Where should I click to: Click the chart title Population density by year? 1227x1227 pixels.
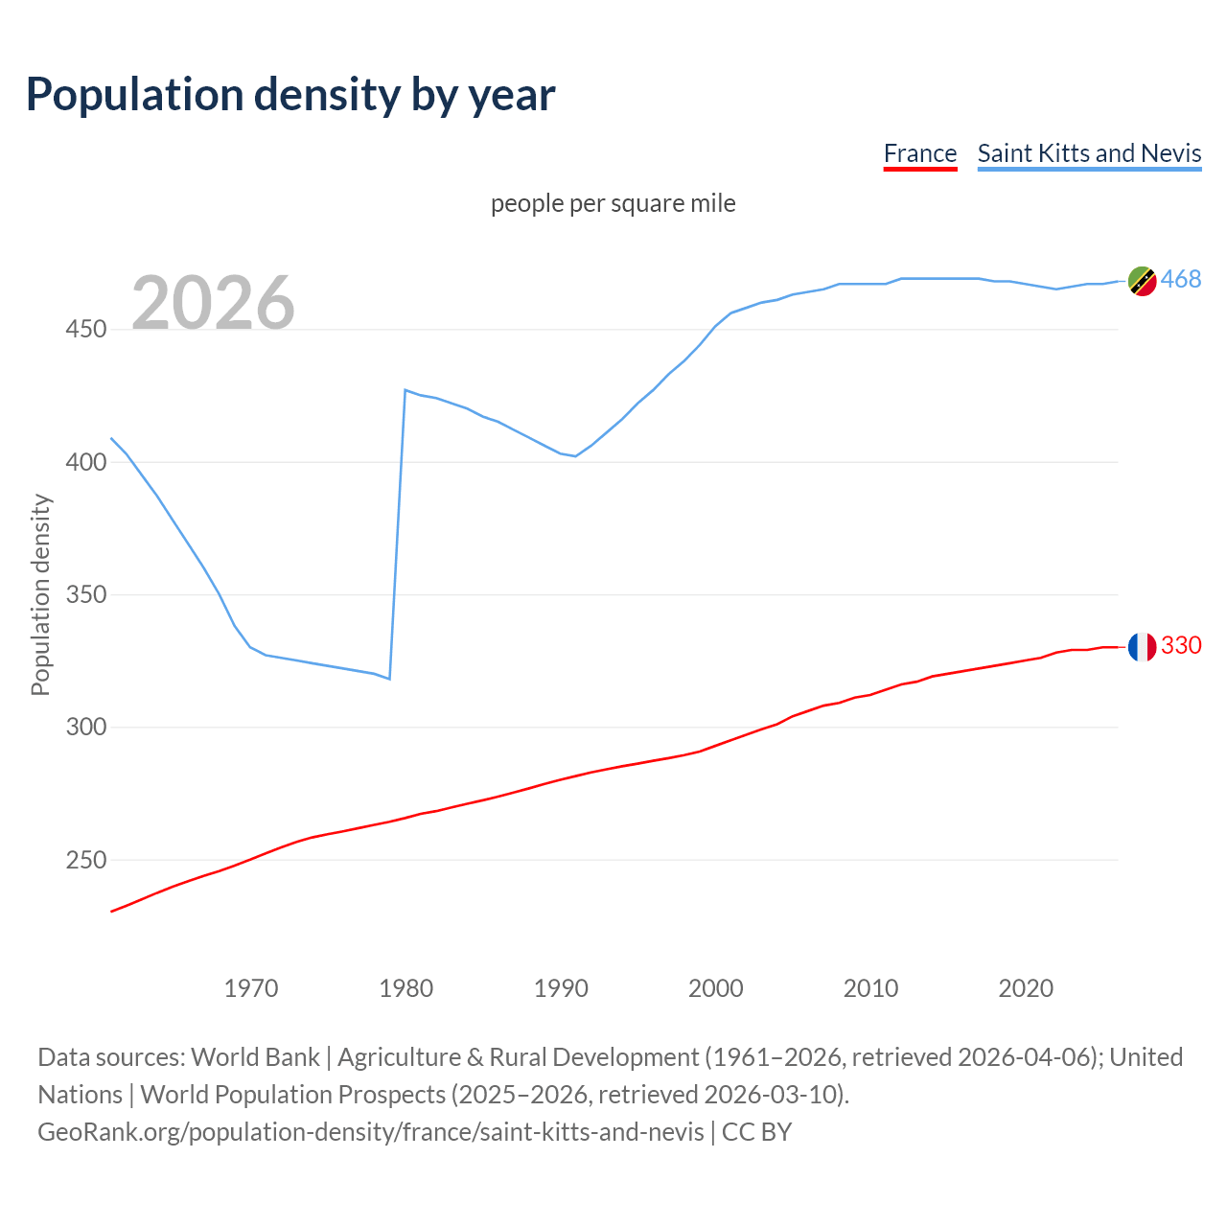pos(290,95)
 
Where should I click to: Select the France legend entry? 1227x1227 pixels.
pos(919,153)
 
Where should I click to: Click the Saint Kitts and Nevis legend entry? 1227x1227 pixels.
pos(1089,153)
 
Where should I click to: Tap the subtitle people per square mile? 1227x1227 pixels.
pos(613,203)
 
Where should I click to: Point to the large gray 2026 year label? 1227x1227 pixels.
pos(213,303)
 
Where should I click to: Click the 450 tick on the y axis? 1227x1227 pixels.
pos(86,330)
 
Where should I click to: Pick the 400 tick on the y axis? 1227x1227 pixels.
pos(86,462)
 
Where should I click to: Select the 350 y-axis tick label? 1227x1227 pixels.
pos(86,594)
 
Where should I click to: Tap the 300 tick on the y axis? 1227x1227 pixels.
pos(86,728)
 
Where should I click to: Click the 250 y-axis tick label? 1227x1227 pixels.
pos(86,860)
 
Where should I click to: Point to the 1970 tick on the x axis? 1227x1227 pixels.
pos(251,988)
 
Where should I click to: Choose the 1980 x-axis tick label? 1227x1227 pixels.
pos(406,988)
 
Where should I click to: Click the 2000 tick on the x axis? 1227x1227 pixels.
pos(716,988)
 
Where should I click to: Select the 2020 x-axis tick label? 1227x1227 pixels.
pos(1026,988)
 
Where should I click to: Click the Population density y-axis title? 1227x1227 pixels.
pos(40,594)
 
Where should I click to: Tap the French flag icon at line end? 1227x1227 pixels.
pos(1142,647)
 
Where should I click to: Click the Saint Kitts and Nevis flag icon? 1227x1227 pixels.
pos(1142,281)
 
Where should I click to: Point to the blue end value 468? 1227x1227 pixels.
pos(1181,279)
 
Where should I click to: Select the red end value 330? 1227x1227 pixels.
pos(1181,645)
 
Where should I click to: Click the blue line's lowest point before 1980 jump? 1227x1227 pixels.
pos(389,679)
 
